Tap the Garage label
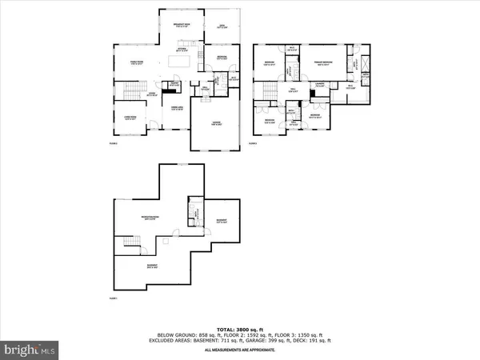[x=216, y=123]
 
